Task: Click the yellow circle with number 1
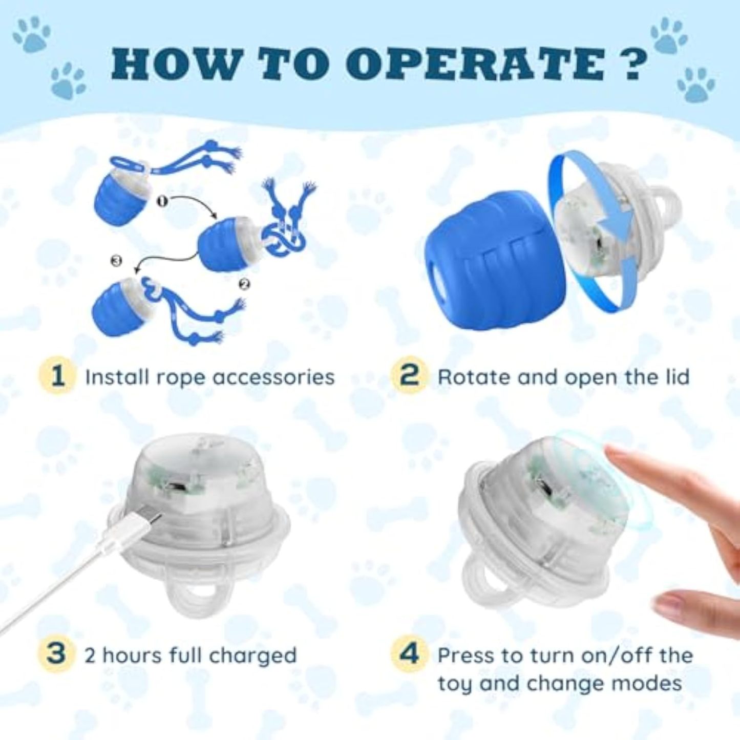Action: click(57, 377)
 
